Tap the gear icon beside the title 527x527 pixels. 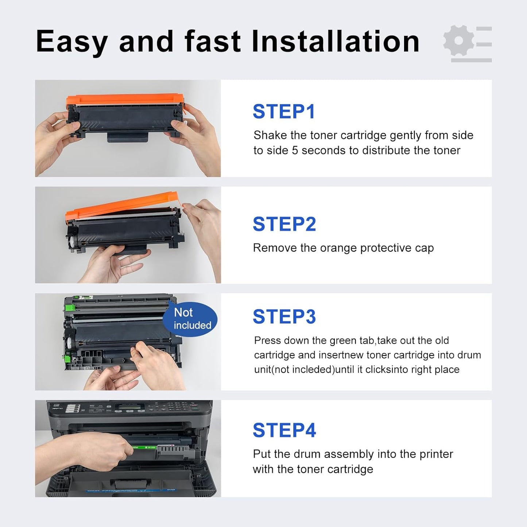click(459, 40)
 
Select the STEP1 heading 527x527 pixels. click(284, 112)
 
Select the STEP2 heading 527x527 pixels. click(284, 224)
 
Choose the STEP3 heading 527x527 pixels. click(284, 317)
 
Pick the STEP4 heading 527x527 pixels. click(284, 430)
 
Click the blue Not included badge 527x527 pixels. click(190, 319)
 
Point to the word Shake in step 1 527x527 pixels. click(270, 135)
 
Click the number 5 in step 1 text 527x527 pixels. click(295, 150)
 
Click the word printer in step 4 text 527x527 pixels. click(436, 454)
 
